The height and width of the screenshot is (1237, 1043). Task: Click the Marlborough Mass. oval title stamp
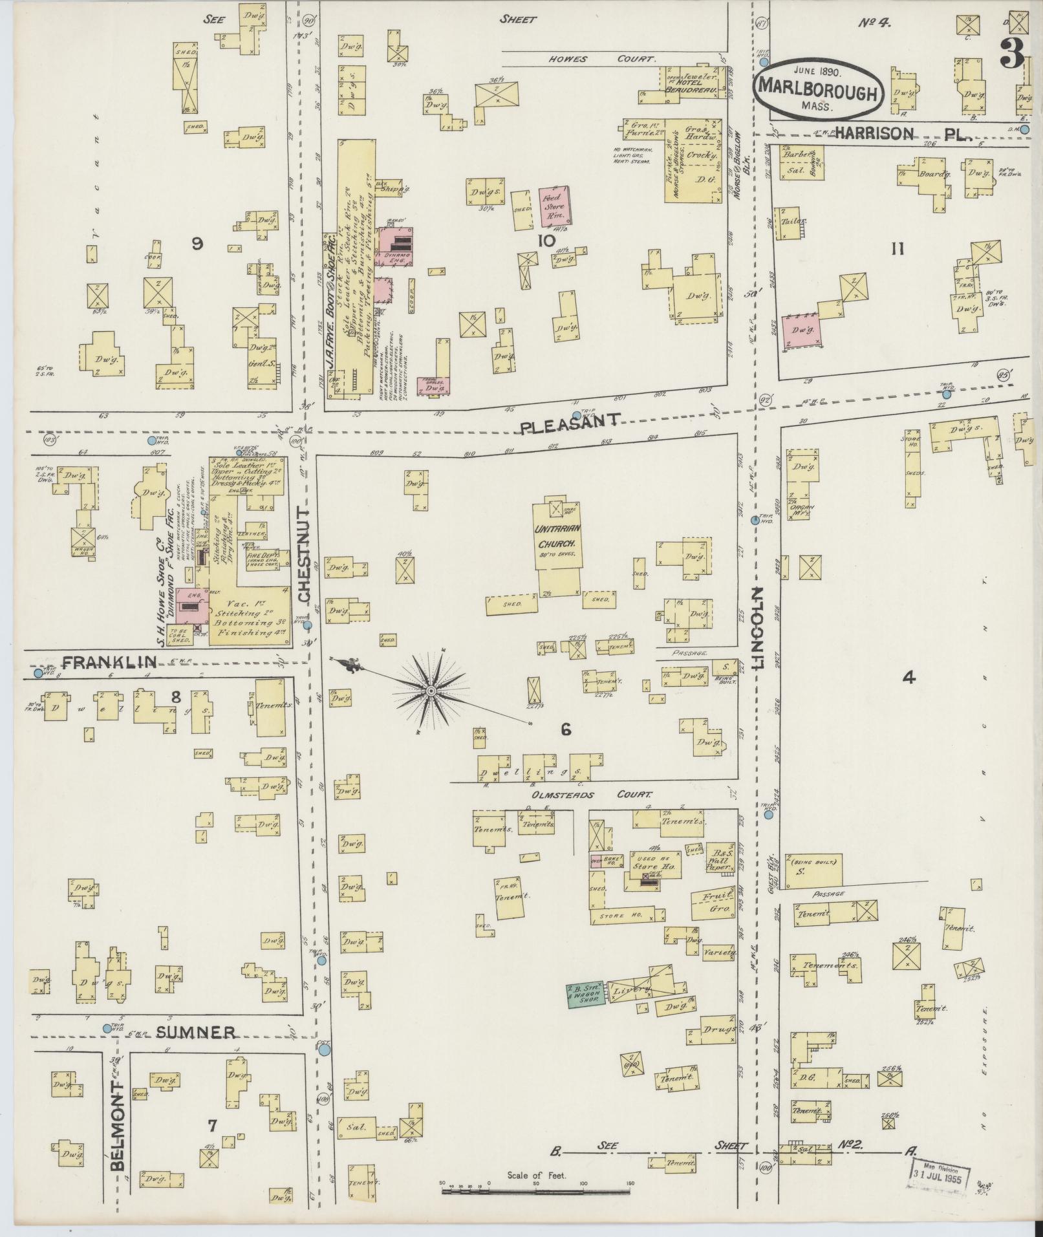tap(817, 91)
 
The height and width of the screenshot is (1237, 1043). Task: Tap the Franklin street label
tap(109, 662)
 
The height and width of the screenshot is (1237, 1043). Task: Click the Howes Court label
tap(603, 59)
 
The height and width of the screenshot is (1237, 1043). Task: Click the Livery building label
tap(630, 991)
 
